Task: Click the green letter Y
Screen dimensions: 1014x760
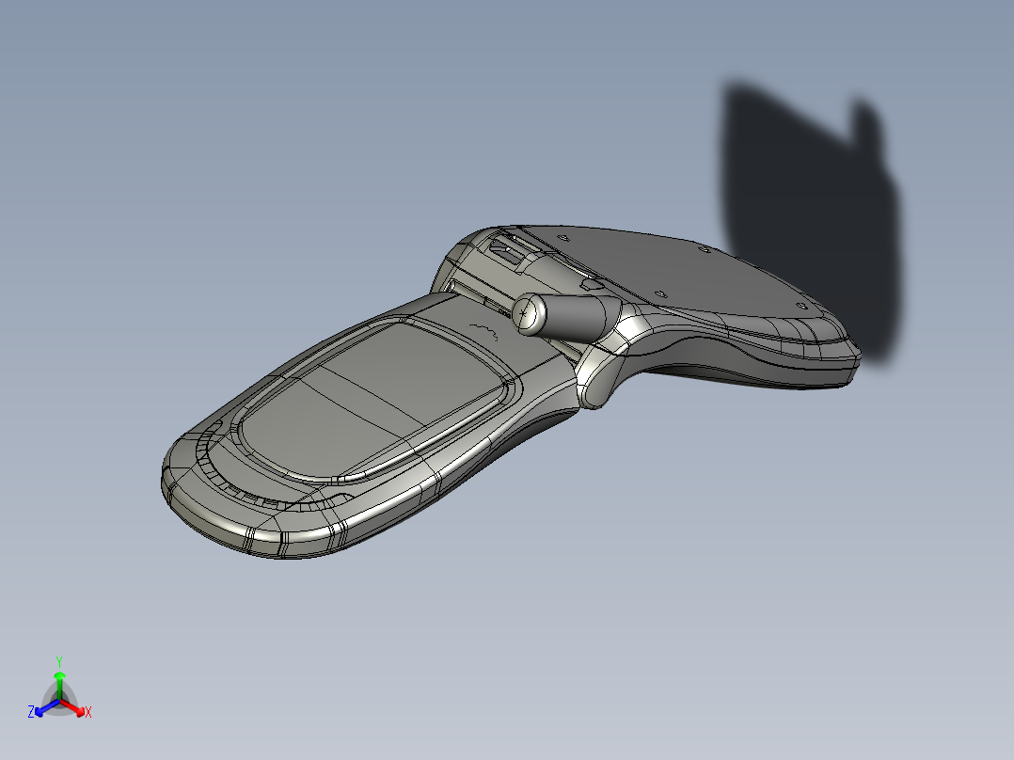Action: (x=59, y=661)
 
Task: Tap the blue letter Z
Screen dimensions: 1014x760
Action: (x=30, y=711)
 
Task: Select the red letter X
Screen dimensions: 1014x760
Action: (x=88, y=712)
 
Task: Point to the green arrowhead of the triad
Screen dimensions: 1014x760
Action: (x=59, y=675)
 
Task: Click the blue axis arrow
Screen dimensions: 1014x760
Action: (x=47, y=706)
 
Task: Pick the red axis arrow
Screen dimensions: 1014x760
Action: (x=71, y=706)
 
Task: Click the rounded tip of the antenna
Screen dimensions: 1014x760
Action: (x=529, y=315)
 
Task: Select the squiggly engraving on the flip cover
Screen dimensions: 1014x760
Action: (x=484, y=330)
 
